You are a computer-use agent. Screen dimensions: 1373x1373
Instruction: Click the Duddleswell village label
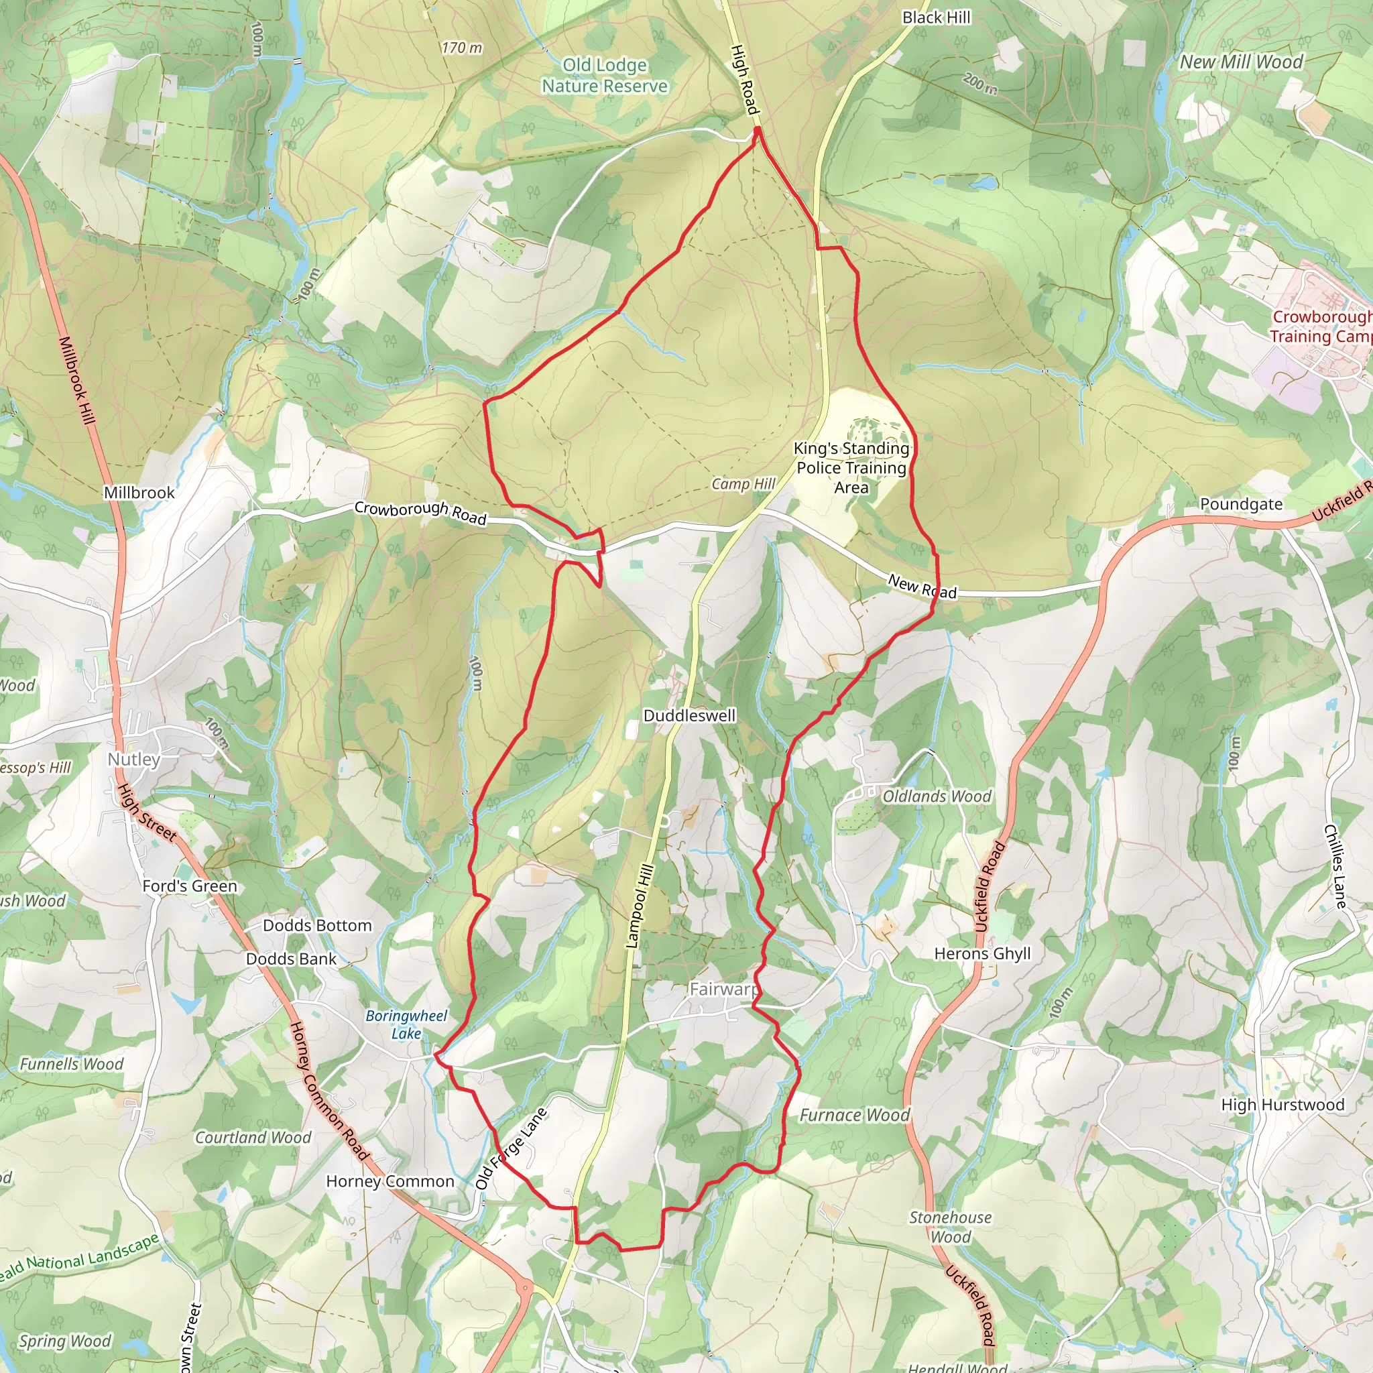click(689, 715)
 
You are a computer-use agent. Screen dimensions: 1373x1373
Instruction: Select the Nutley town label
click(133, 759)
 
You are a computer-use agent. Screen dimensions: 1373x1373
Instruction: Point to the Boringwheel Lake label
click(406, 1025)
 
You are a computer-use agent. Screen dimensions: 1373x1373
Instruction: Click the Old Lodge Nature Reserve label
click(605, 76)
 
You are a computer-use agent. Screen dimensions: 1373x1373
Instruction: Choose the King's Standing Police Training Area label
click(851, 468)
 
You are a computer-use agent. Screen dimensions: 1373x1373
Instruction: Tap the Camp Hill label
click(743, 484)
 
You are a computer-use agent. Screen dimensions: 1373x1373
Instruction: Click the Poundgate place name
click(1242, 504)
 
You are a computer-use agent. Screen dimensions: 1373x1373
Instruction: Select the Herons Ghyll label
click(982, 954)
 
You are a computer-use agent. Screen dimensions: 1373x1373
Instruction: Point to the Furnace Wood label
click(855, 1115)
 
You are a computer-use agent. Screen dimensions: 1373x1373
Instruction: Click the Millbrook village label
click(139, 493)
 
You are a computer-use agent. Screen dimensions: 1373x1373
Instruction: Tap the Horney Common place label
click(390, 1181)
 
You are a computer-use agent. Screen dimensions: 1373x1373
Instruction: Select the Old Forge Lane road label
click(511, 1148)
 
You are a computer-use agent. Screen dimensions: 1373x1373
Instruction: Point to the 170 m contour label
click(461, 48)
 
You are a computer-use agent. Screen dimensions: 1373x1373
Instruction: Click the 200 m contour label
click(980, 84)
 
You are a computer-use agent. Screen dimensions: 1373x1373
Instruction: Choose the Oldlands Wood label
click(937, 796)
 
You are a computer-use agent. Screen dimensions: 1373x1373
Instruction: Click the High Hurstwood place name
click(1282, 1104)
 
